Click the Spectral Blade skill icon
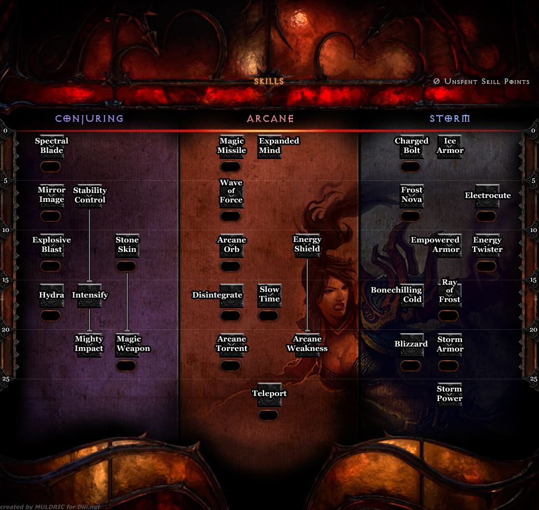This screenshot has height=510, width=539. coord(52,146)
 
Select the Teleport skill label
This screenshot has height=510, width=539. coord(269,394)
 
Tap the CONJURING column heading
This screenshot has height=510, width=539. coord(89,118)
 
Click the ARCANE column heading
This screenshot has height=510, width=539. coord(270,118)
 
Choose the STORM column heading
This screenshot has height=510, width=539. coord(450,118)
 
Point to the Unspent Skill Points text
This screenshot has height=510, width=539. coord(481,82)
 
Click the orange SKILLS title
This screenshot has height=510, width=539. coord(269,81)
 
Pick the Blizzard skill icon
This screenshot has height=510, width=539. coord(411,345)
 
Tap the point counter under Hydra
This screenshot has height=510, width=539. coord(51,316)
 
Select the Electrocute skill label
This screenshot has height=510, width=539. coord(487,196)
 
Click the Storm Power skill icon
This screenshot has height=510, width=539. coord(450,394)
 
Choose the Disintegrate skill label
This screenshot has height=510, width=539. coord(217,295)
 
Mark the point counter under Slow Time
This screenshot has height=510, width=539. coord(268,316)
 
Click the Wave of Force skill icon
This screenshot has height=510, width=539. coord(231,192)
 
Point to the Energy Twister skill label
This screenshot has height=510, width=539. coord(487,245)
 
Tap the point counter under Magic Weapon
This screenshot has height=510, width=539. coord(126,365)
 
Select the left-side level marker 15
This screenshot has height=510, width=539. coord(5,280)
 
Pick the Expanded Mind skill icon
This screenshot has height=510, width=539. coord(269,146)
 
